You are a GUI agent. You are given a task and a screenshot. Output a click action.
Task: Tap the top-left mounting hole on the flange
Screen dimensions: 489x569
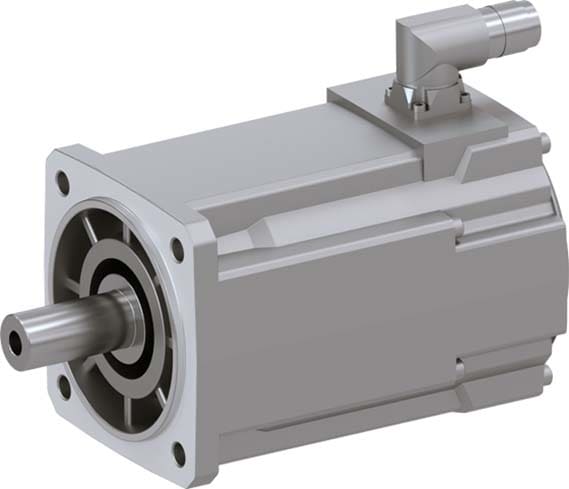pyautogui.click(x=63, y=183)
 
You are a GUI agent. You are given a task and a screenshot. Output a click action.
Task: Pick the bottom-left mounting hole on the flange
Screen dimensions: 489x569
pyautogui.click(x=63, y=381)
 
